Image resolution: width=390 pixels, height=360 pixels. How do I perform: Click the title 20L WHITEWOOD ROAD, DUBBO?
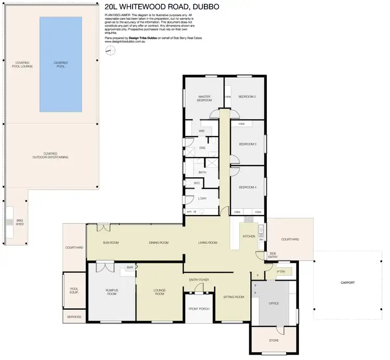point(161,7)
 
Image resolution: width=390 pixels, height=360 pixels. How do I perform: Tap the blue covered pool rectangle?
point(61,64)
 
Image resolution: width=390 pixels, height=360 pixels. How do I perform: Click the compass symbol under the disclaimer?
point(109,50)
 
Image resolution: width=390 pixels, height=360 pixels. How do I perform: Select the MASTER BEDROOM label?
point(203,98)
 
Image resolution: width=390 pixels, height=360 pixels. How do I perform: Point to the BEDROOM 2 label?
point(247,97)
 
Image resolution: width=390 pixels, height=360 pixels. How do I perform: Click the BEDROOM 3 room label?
point(247,144)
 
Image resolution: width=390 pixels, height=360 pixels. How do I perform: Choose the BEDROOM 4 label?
point(247,187)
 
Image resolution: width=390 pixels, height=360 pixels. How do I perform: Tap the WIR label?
point(201,131)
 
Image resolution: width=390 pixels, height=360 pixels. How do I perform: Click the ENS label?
point(202,148)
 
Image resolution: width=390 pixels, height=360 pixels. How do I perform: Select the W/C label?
point(197,183)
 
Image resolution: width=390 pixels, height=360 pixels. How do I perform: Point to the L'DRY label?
point(203,198)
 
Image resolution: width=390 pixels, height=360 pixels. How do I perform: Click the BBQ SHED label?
point(20,222)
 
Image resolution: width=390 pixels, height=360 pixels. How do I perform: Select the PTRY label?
point(281,271)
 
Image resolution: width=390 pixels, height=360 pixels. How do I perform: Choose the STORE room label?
point(274,341)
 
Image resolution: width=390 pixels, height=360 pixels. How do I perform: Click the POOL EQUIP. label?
point(73,291)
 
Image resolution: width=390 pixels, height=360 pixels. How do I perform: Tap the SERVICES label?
point(74,316)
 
